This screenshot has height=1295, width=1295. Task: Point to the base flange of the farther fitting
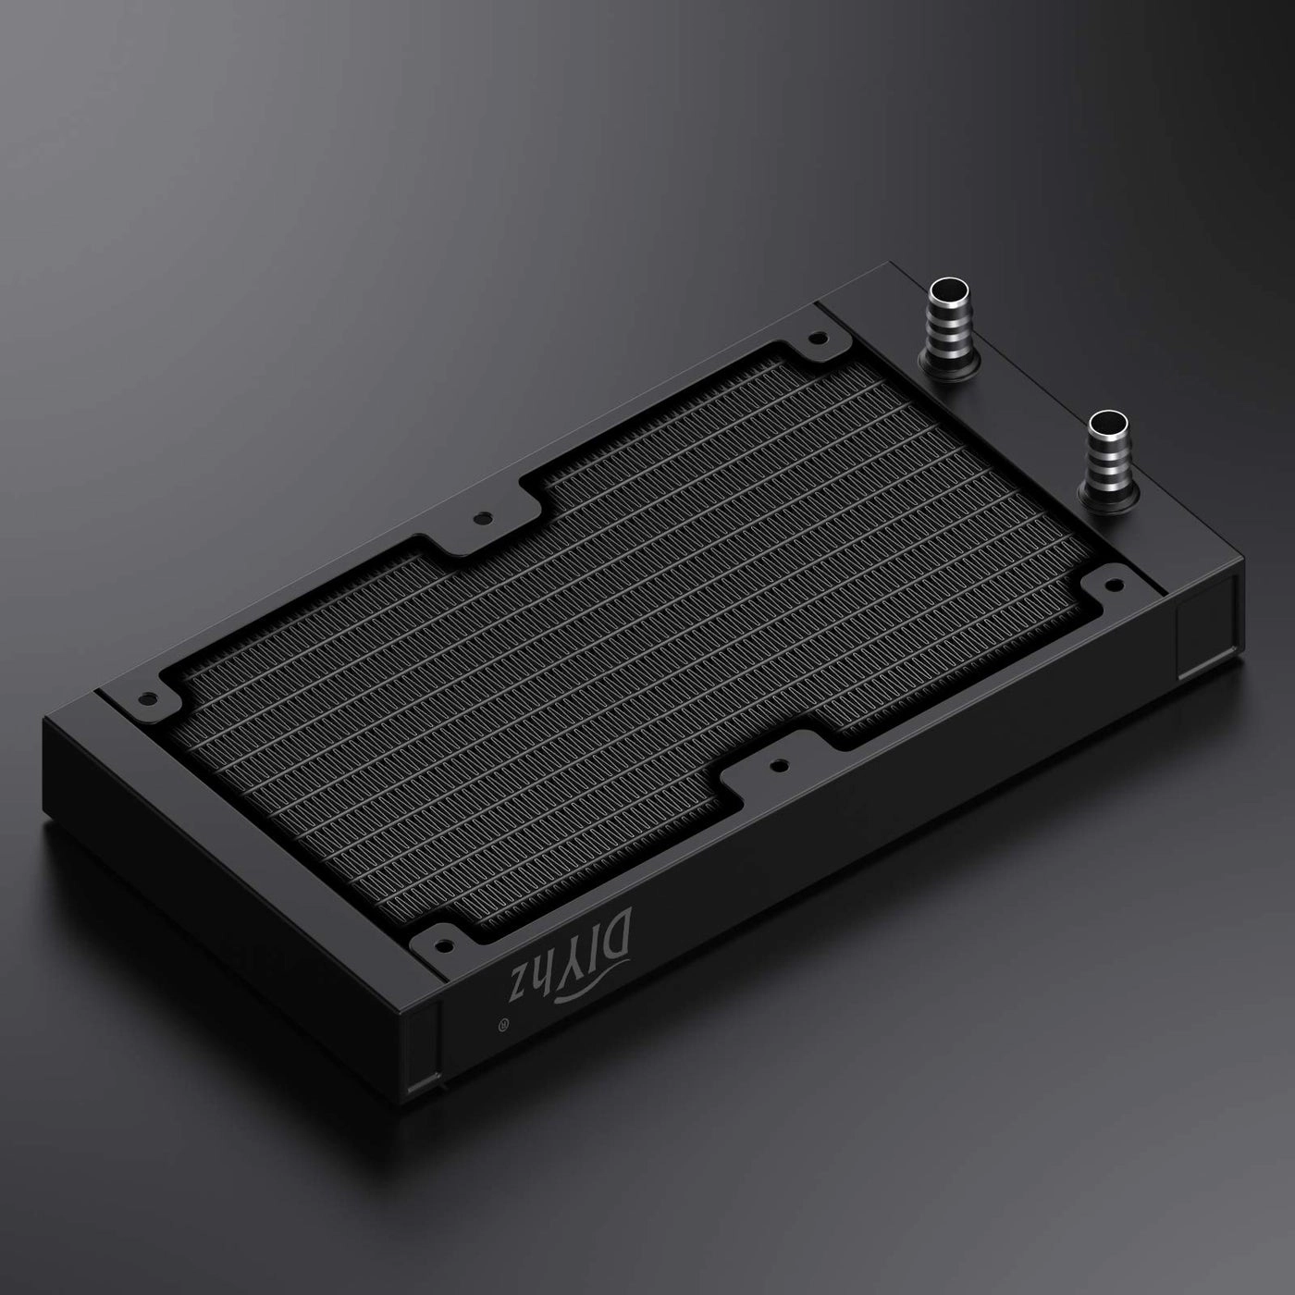[943, 364]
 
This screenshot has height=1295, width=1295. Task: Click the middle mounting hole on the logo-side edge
[777, 764]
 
